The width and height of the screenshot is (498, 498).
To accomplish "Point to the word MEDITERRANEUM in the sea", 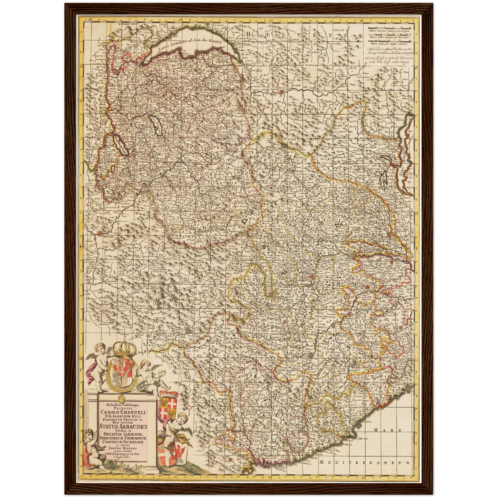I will [x=365, y=463].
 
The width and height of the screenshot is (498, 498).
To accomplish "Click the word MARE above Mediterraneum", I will [x=387, y=430].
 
